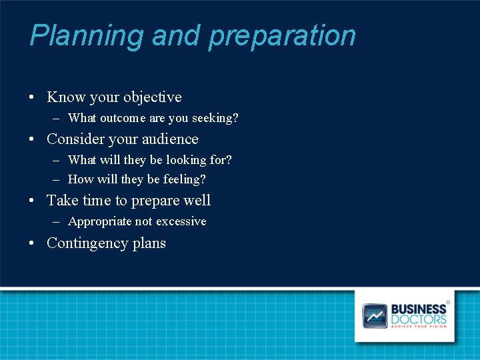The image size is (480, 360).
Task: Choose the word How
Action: click(81, 179)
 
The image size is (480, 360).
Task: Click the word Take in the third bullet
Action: click(62, 201)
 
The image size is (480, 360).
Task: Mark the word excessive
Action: click(181, 221)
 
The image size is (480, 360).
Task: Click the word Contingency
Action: click(87, 243)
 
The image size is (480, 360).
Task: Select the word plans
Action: click(149, 243)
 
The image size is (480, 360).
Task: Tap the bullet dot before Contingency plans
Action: click(32, 243)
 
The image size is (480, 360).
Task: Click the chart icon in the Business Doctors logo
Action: click(375, 315)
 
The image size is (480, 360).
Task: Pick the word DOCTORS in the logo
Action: click(419, 319)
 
